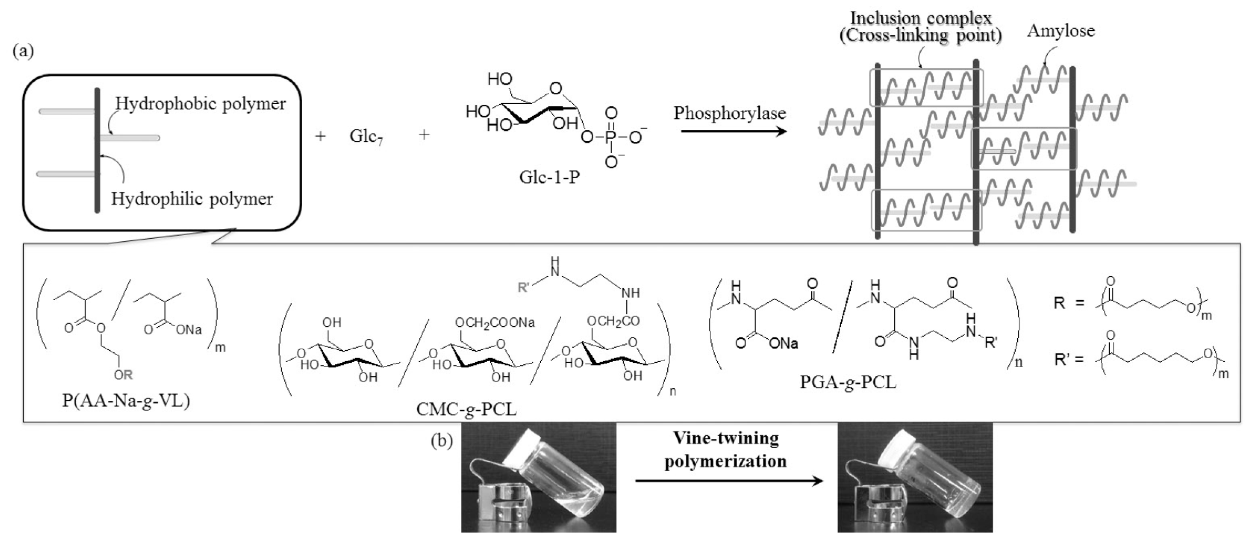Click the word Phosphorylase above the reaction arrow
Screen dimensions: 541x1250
pyautogui.click(x=729, y=113)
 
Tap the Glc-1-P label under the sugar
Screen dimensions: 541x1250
pyautogui.click(x=549, y=177)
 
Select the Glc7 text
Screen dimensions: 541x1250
pyautogui.click(x=366, y=137)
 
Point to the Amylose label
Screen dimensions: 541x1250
pyautogui.click(x=1061, y=31)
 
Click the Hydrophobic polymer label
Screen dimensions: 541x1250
pyautogui.click(x=200, y=104)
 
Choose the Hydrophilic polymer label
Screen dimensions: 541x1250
pyautogui.click(x=192, y=199)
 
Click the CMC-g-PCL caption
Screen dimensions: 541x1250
pyautogui.click(x=466, y=410)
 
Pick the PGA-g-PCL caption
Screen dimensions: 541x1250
pyautogui.click(x=848, y=383)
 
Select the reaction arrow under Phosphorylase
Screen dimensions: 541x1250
pyautogui.click(x=733, y=131)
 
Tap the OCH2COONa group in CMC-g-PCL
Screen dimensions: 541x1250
pyautogui.click(x=494, y=323)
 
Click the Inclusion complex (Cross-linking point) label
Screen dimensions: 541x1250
pyautogui.click(x=921, y=27)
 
